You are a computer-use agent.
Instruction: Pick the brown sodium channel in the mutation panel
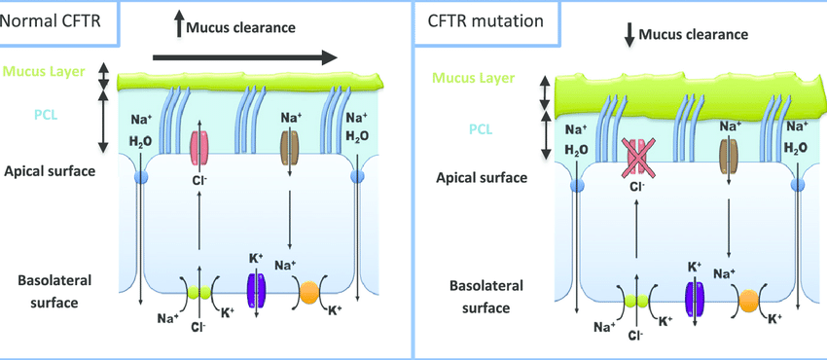coord(729,157)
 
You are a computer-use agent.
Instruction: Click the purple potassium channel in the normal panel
coord(256,290)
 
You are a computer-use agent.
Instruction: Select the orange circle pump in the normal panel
coord(308,291)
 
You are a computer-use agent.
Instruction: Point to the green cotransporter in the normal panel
coord(198,290)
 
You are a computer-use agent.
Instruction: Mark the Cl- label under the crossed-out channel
coord(636,188)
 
